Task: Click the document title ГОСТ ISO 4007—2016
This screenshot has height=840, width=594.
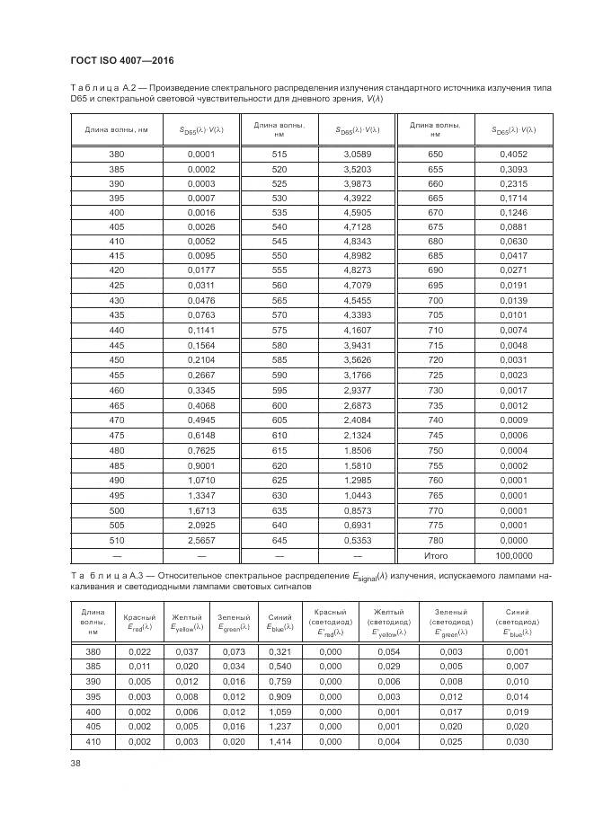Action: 121,60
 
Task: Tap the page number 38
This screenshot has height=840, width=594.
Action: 76,764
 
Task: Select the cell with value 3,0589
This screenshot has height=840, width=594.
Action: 357,155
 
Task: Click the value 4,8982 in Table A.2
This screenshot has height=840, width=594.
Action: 357,255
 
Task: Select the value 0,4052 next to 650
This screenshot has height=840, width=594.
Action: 513,155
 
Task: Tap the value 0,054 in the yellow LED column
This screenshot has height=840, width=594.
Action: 389,650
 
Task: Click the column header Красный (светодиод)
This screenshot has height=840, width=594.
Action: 330,622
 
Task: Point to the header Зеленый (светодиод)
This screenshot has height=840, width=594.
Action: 450,622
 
